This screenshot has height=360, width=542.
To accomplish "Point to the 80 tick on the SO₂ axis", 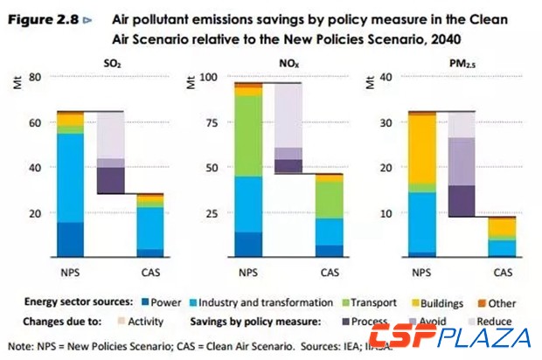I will click(x=35, y=77).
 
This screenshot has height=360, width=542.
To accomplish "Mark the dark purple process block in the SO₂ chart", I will click(x=110, y=180).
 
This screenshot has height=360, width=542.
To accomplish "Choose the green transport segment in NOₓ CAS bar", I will click(x=304, y=199).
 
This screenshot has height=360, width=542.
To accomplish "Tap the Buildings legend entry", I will click(x=436, y=303).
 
